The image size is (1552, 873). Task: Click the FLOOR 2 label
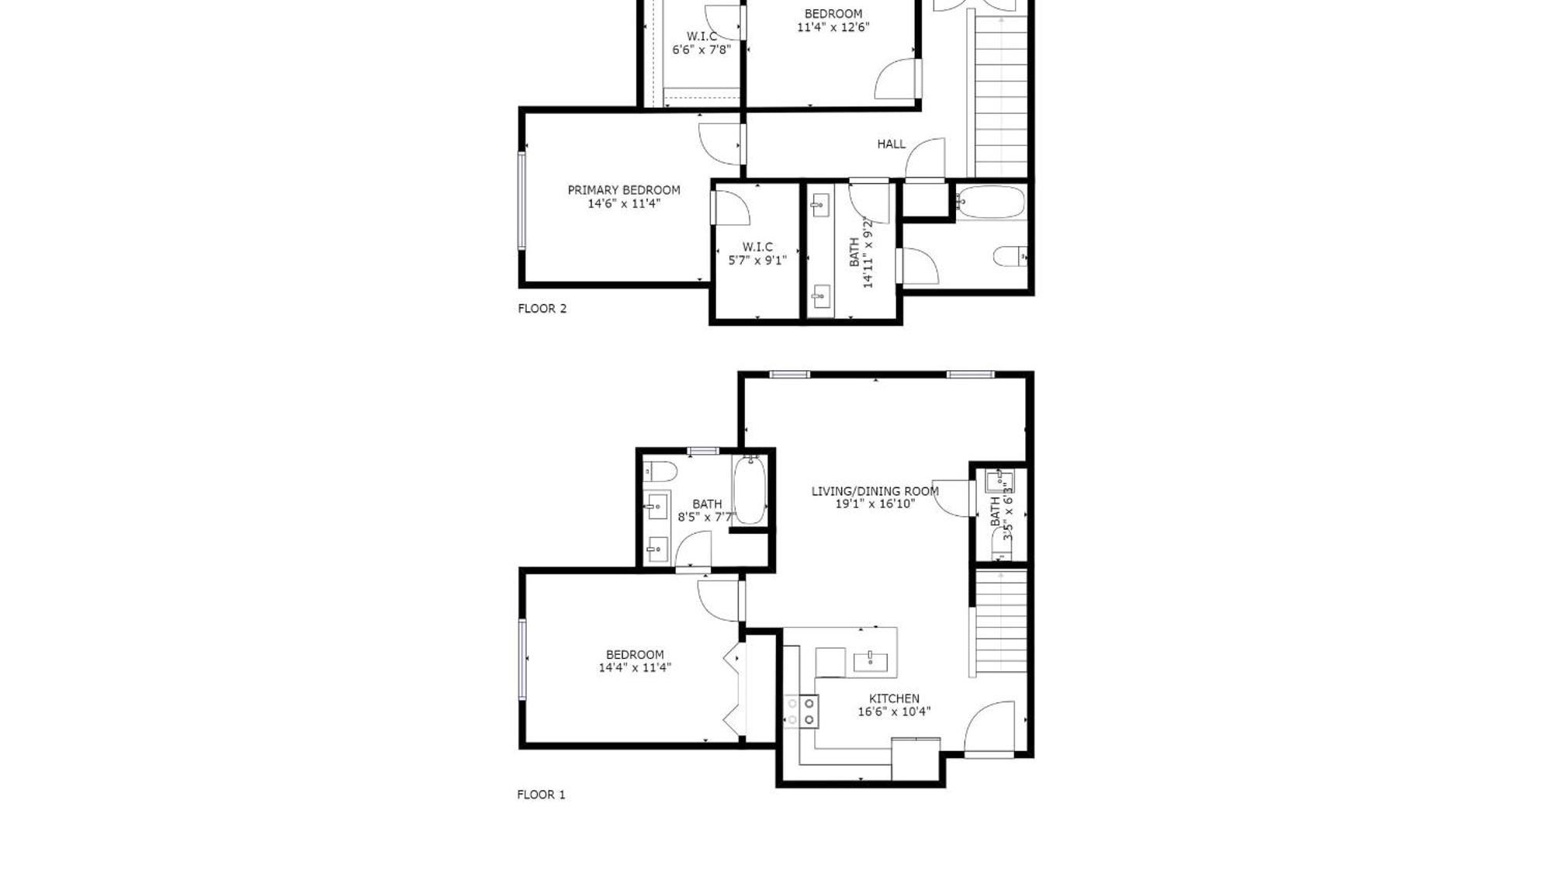tap(542, 309)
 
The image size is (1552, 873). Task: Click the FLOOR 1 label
tap(541, 795)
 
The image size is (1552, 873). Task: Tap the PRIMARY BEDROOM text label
tap(623, 190)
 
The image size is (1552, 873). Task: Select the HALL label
tap(891, 144)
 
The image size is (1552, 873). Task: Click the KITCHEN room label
tap(894, 698)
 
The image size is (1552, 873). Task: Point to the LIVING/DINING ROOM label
tap(875, 491)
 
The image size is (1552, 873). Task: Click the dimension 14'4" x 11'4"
tap(634, 667)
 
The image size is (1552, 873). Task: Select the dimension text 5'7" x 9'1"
tap(757, 261)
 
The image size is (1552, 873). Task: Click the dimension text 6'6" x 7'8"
tap(701, 50)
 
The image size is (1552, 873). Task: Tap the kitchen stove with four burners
tap(801, 712)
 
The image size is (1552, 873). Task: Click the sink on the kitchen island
tap(871, 661)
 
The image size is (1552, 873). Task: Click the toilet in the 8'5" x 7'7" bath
tap(660, 470)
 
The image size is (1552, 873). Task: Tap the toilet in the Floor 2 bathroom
tap(1010, 256)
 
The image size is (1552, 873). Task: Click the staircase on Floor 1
tap(1001, 621)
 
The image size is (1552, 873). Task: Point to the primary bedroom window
tap(522, 200)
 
